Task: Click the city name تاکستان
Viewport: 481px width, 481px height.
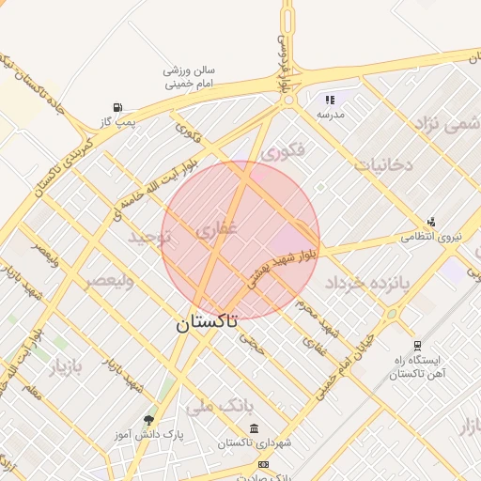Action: pos(206,322)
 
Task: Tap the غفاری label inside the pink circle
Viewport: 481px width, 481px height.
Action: pos(218,227)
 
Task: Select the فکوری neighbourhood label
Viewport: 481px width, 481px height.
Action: pos(283,150)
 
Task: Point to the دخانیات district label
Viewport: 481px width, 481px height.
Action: pos(383,163)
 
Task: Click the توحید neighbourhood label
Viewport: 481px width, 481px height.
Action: pos(153,239)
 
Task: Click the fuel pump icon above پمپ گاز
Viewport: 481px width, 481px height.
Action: pos(117,107)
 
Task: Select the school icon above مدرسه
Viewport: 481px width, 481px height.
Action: pos(329,99)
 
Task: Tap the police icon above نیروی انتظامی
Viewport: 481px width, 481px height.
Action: pos(431,222)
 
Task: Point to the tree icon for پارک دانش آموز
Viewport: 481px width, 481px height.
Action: pos(147,419)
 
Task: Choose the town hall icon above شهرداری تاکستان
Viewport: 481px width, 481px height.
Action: pos(254,429)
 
